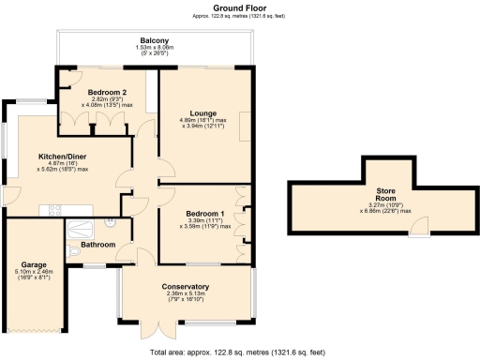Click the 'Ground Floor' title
(239, 7)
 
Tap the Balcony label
(155, 41)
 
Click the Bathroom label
(97, 245)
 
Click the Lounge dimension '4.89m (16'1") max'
(203, 120)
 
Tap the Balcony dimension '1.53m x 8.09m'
(155, 50)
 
